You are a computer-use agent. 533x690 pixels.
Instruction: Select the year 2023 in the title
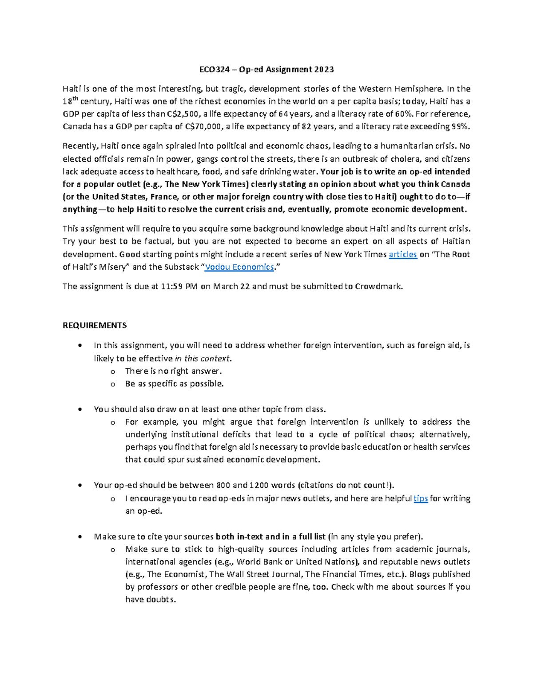(x=324, y=69)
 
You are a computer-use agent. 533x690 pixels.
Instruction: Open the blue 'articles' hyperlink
(x=402, y=255)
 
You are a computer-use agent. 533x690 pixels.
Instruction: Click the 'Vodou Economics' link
(x=239, y=267)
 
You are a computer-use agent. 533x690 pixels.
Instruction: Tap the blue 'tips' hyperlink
(x=421, y=499)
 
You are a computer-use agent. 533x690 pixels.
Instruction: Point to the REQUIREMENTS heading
(x=95, y=325)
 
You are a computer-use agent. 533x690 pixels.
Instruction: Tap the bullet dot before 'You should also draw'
(x=80, y=410)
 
